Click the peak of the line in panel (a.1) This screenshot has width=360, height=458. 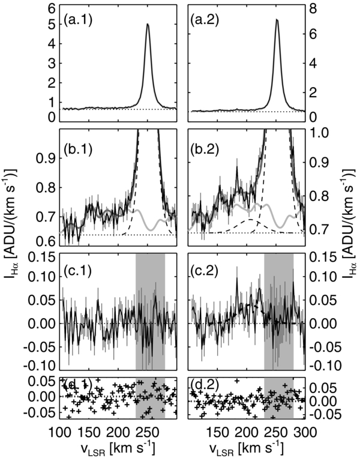(148, 25)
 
